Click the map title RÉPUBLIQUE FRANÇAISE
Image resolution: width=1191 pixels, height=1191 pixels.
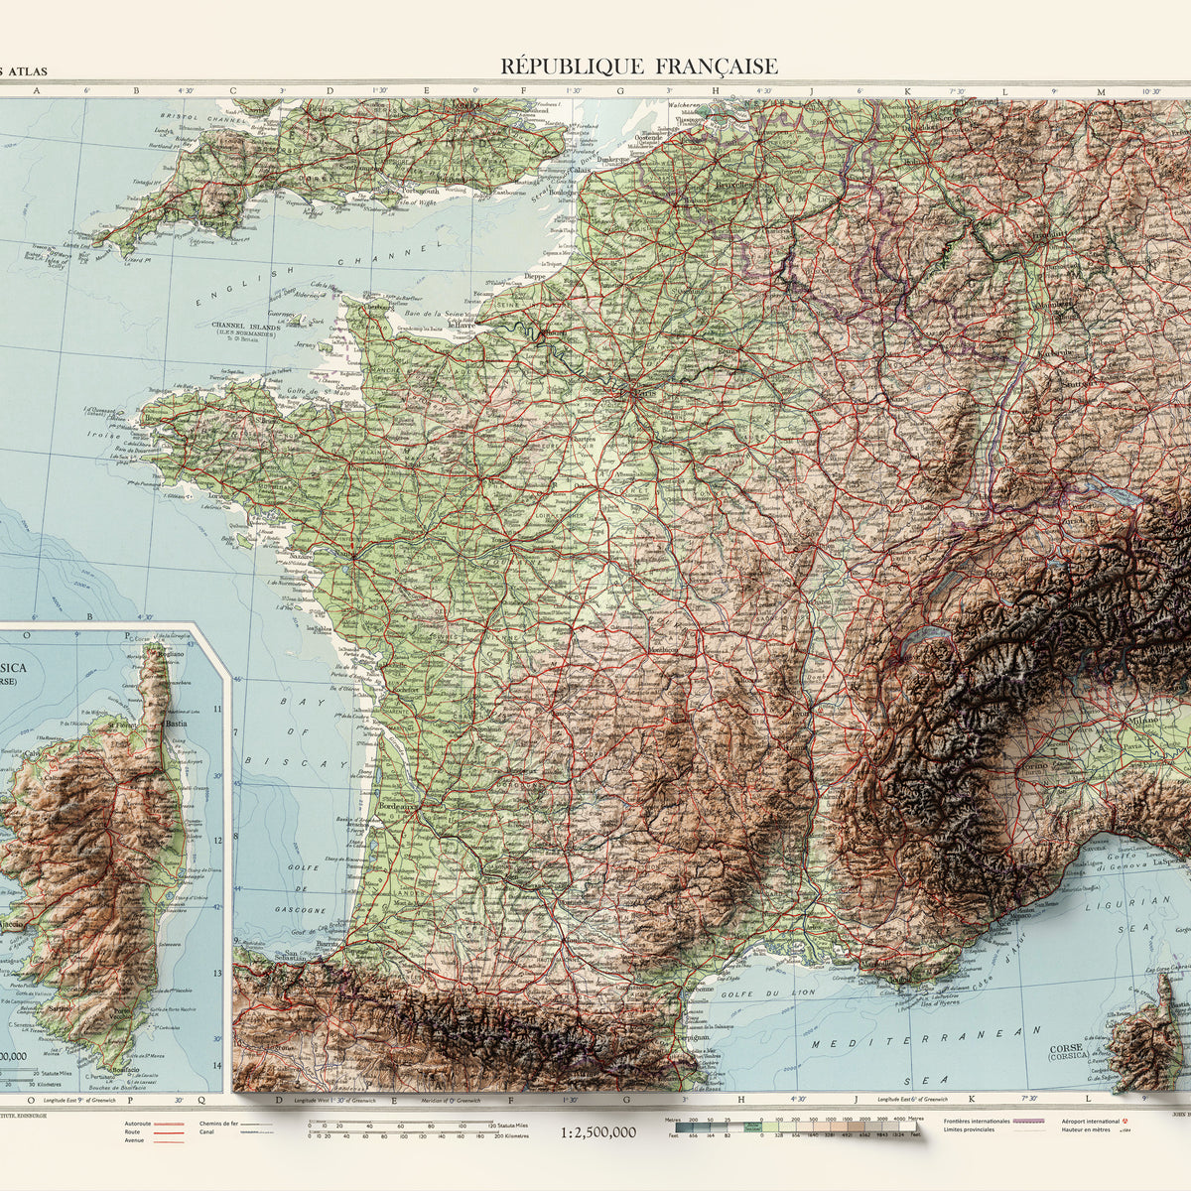pyautogui.click(x=639, y=66)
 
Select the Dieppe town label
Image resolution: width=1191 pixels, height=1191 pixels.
pyautogui.click(x=535, y=277)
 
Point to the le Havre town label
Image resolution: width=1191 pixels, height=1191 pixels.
pyautogui.click(x=463, y=323)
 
